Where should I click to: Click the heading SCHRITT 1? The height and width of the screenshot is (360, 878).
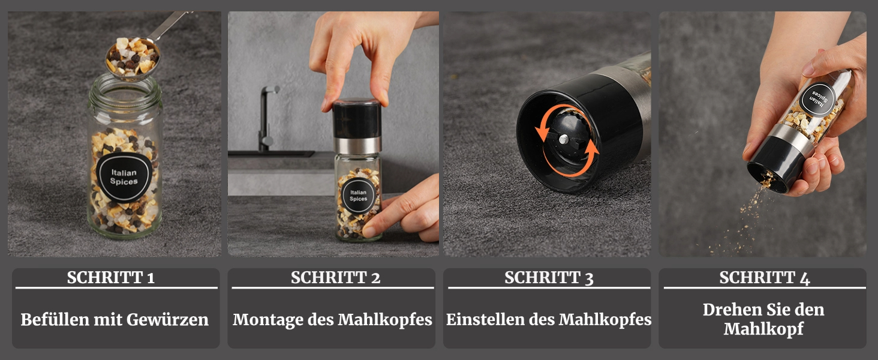[x=111, y=278]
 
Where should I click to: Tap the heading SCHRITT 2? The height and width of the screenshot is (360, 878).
[x=335, y=278]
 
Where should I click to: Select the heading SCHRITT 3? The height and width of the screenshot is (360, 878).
[x=549, y=278]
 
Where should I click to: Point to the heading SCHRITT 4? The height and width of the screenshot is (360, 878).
[x=764, y=278]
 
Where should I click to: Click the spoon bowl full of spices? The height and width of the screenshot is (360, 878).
[x=133, y=58]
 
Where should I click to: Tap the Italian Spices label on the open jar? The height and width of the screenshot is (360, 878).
[x=124, y=177]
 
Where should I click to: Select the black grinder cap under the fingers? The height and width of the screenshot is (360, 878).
[x=357, y=119]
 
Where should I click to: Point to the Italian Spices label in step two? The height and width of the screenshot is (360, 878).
[x=358, y=196]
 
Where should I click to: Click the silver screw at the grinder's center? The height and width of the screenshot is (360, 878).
[x=564, y=139]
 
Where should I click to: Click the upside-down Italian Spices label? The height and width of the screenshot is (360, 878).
[x=818, y=100]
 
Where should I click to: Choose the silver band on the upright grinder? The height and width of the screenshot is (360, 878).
[x=357, y=145]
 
